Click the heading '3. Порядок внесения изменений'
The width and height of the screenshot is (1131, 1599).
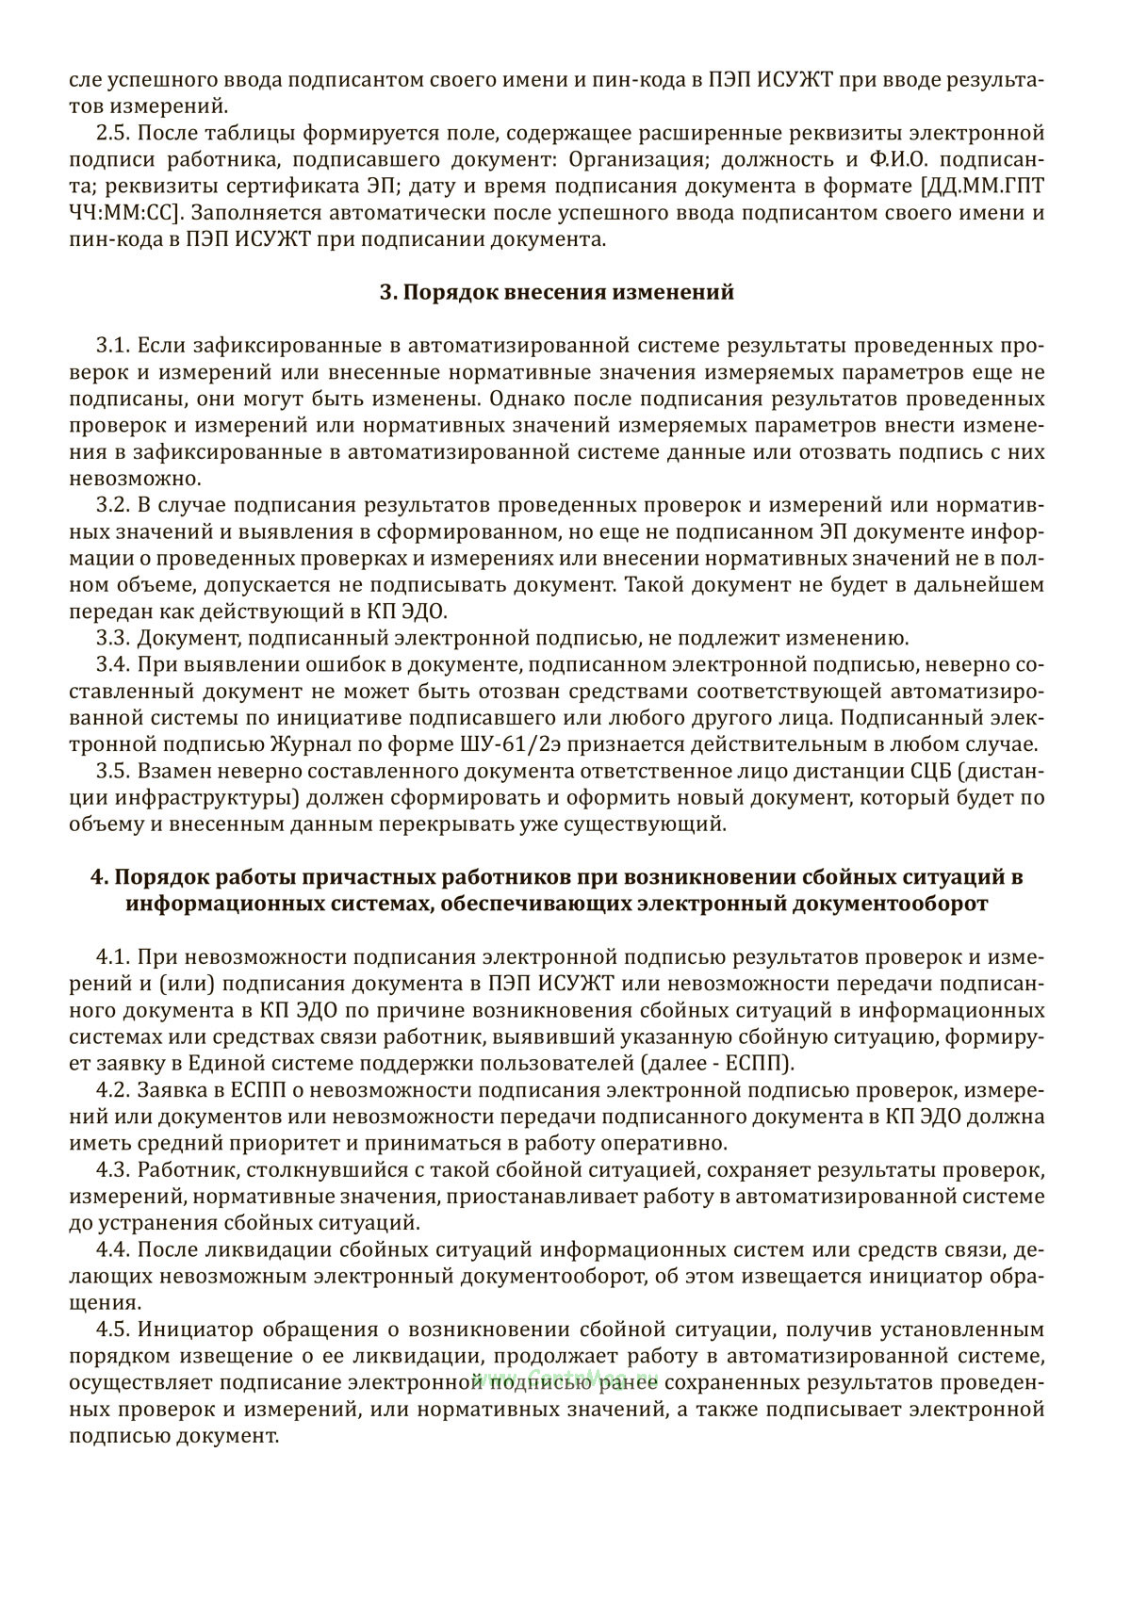[x=556, y=292]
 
